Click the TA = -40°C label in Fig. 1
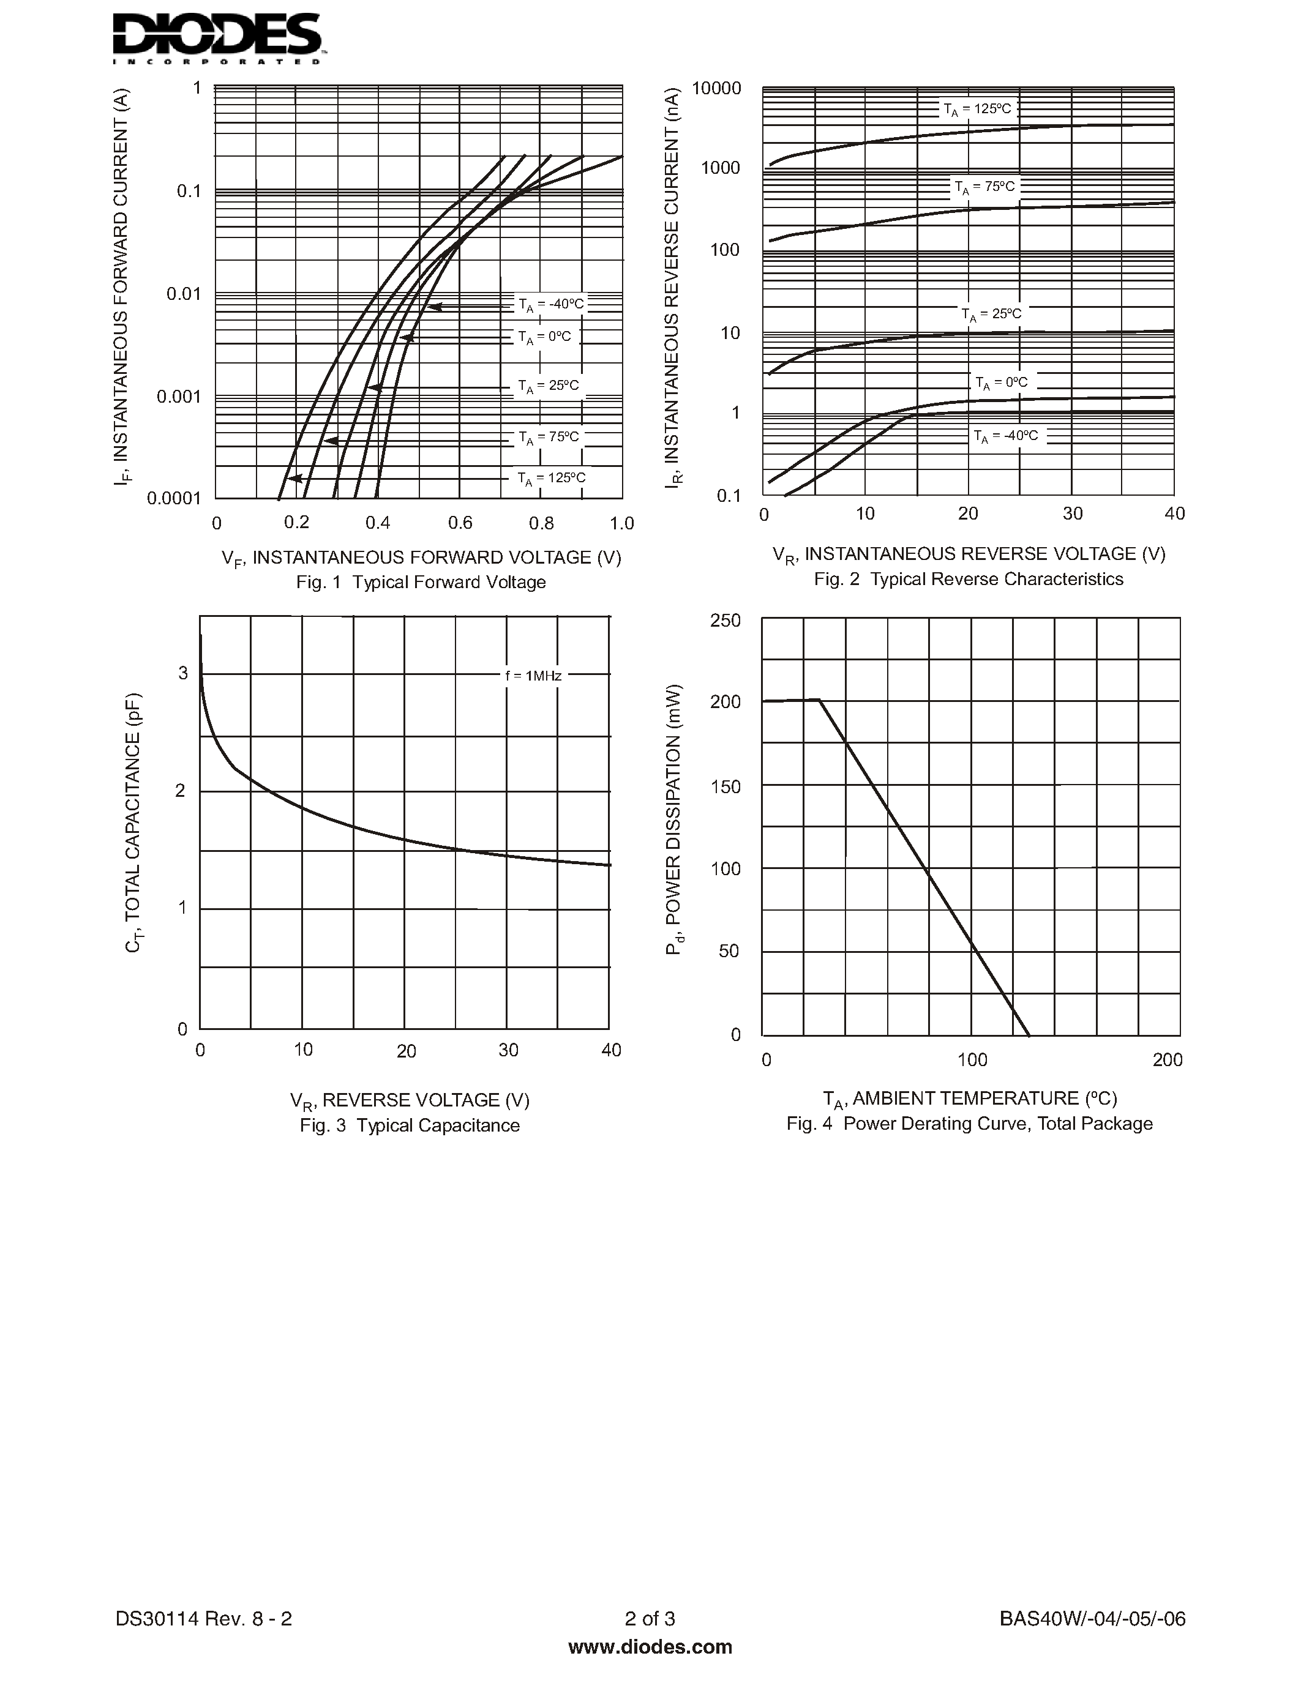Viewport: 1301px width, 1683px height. (551, 304)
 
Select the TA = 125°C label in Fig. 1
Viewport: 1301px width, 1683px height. (551, 479)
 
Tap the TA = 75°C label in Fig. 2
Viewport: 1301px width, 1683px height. (984, 187)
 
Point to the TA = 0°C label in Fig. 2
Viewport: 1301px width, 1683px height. (1000, 383)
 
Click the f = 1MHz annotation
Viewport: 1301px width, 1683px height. (533, 676)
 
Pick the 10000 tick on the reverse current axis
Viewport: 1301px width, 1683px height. (716, 89)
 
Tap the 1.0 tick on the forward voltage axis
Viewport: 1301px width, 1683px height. (621, 524)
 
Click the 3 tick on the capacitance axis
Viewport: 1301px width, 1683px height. (182, 674)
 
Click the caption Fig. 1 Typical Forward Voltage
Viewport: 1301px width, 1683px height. (421, 583)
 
